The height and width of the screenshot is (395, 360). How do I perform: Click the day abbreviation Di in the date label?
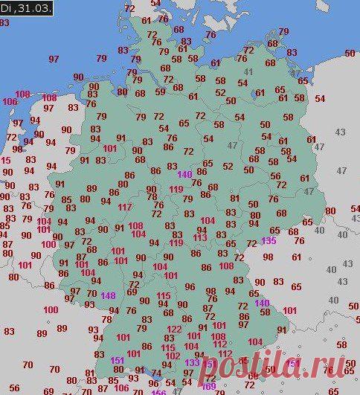(7, 7)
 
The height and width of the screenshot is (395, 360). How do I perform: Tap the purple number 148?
(109, 295)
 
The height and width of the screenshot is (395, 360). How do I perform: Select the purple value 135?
(269, 240)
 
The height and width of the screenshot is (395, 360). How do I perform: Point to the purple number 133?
(193, 362)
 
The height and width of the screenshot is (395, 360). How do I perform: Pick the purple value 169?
(209, 386)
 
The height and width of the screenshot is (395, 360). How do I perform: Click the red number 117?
(125, 207)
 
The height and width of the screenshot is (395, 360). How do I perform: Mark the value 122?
(174, 329)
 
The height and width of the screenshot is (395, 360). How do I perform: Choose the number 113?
(200, 238)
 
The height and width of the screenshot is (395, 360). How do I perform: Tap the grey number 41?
(247, 72)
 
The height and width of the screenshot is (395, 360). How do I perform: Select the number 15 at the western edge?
(6, 160)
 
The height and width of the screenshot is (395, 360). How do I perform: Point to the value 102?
(170, 356)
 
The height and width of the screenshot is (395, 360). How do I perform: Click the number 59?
(160, 92)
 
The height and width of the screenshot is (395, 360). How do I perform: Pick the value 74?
(156, 374)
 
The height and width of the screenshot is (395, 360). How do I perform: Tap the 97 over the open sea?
(54, 58)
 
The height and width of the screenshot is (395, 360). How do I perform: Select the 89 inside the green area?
(91, 189)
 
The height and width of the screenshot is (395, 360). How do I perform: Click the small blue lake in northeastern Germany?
(260, 94)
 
